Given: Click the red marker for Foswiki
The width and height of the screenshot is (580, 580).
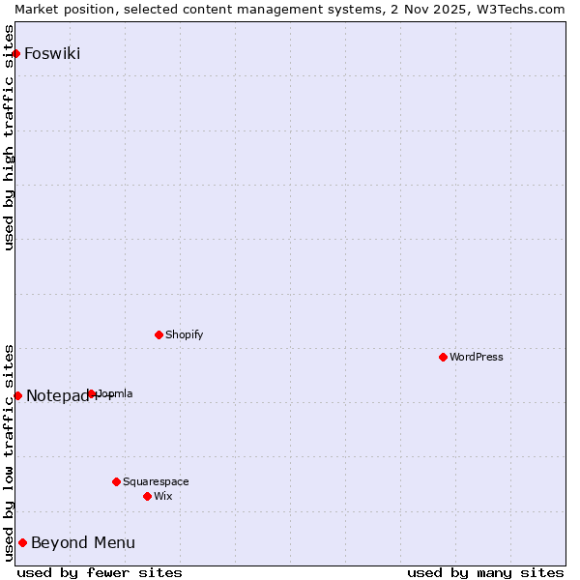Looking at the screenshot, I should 16,53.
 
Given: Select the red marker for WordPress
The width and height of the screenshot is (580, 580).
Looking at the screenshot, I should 444,357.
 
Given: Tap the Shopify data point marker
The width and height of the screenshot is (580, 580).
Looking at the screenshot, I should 159,334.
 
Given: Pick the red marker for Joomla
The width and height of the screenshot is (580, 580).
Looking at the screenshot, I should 92,393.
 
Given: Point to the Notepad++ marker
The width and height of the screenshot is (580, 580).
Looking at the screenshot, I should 17,395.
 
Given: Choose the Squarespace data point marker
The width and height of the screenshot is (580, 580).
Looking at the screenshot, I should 117,481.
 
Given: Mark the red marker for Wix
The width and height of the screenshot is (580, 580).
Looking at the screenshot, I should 148,496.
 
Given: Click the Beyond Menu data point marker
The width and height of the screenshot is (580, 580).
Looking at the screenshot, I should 22,542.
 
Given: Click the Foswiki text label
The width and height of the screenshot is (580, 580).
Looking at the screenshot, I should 52,53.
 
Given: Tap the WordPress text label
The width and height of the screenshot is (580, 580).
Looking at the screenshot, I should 477,357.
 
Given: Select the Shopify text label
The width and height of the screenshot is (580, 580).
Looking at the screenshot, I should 185,334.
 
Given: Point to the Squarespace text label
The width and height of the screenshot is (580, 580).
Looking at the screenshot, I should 156,481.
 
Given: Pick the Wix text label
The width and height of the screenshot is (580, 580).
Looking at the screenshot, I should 163,496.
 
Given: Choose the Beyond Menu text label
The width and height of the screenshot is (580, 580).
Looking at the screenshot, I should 83,542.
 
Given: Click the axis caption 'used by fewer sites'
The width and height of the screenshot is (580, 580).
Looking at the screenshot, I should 100,572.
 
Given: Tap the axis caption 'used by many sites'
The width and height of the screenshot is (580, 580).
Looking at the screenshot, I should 485,572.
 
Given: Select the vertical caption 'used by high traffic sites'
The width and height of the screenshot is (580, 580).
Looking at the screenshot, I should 10,137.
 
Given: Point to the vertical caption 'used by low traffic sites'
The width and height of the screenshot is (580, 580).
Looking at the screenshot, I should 10,452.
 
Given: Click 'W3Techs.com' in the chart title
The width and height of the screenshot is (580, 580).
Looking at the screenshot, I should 525,9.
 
